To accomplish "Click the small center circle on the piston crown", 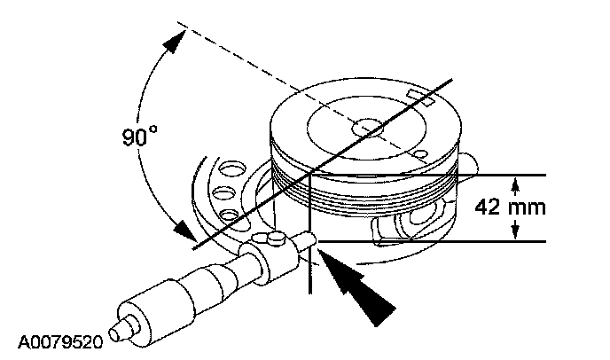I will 366,126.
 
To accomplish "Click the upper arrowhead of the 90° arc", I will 178,36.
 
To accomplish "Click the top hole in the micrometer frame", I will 233,167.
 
